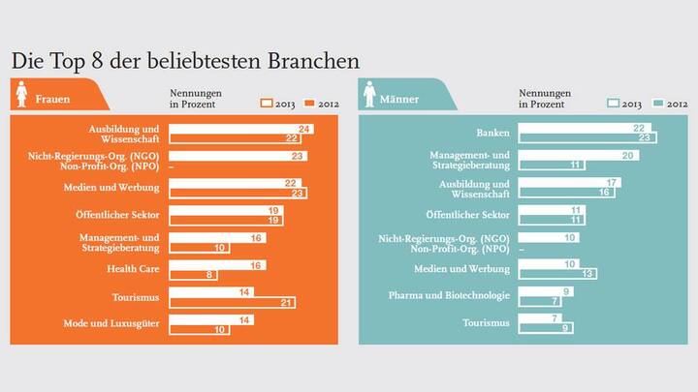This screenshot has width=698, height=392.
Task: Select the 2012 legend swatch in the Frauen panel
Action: [x=310, y=102]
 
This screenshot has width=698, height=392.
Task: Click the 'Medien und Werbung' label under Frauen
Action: [x=116, y=188]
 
